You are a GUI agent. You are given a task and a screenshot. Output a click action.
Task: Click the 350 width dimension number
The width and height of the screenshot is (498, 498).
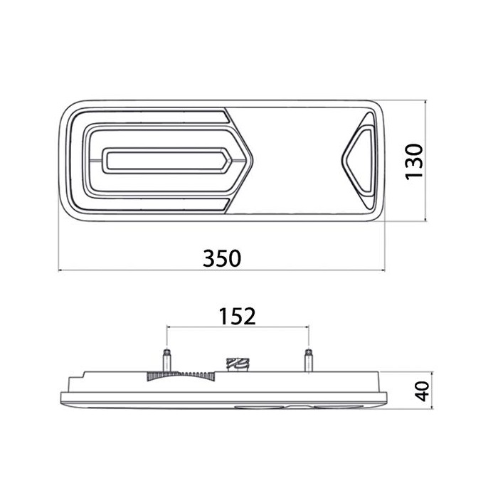point(222,258)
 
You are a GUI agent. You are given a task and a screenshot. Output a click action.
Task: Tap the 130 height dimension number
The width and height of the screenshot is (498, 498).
point(415,162)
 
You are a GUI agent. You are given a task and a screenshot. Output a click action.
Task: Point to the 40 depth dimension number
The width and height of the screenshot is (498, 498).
point(423,391)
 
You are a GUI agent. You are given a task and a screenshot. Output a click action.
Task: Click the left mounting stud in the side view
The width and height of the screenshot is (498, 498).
point(166,360)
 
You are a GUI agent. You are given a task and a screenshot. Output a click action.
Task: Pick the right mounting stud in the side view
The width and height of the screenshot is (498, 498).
point(308,360)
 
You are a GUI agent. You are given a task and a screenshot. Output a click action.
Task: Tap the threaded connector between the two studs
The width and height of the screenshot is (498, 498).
point(237,364)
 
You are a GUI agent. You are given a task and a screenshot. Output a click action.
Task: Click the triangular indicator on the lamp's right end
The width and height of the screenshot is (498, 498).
point(360,160)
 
